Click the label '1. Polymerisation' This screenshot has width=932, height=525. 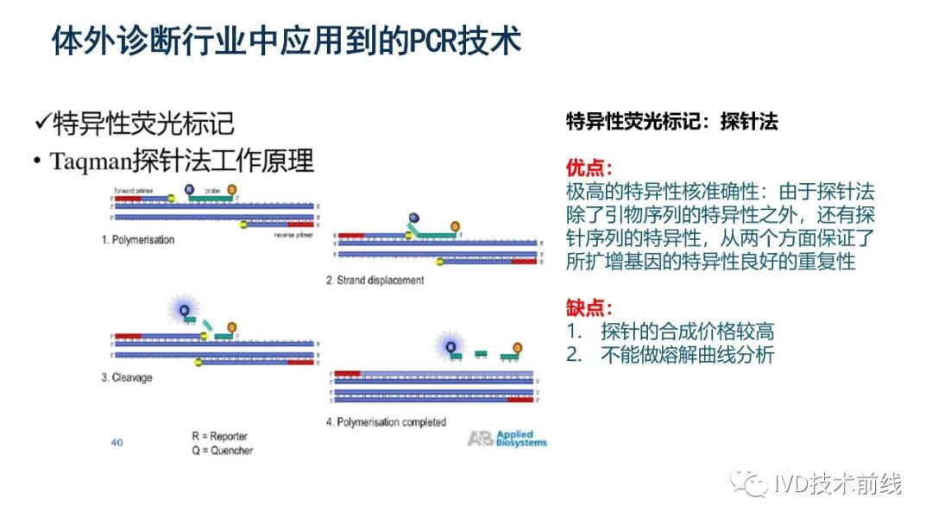[x=138, y=239]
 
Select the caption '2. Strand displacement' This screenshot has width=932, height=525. [x=375, y=280]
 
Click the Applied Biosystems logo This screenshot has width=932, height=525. [x=507, y=438]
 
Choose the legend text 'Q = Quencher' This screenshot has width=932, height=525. [x=222, y=450]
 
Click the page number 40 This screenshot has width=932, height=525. [x=117, y=443]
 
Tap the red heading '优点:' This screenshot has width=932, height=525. [x=589, y=167]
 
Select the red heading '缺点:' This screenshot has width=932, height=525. [x=589, y=307]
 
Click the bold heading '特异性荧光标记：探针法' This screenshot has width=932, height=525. [x=671, y=122]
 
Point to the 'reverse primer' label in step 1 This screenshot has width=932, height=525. [x=292, y=234]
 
